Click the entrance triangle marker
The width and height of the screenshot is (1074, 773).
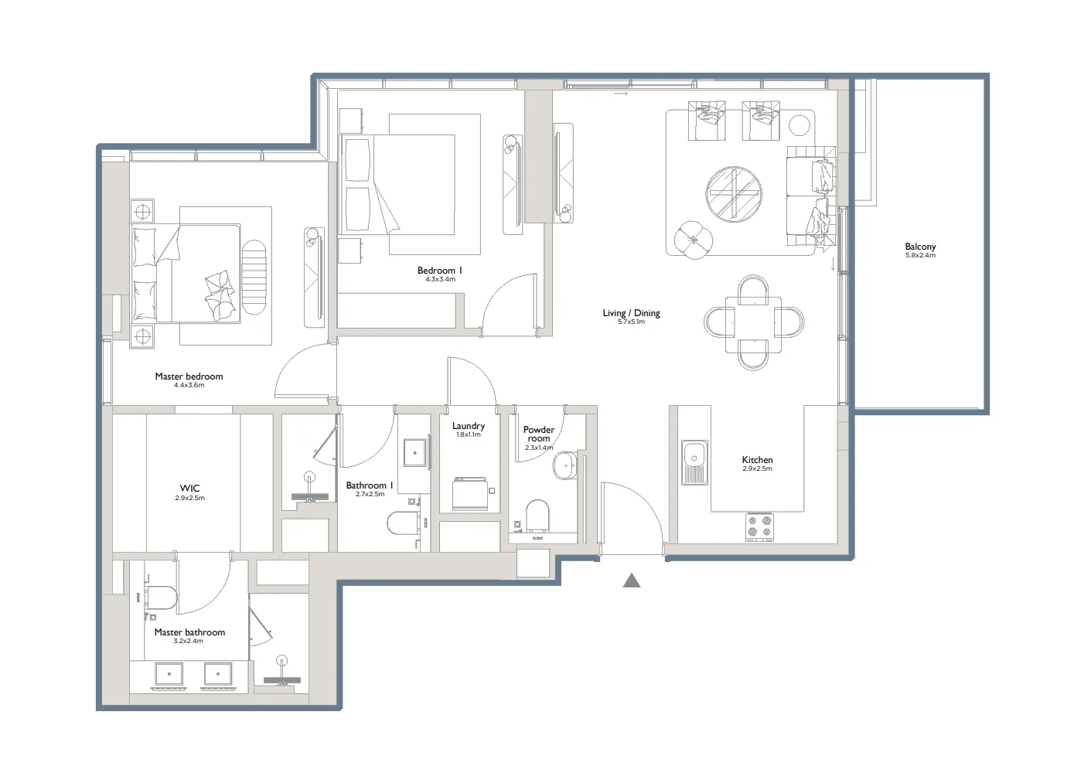coord(632,581)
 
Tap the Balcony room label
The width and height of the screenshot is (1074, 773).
coord(920,247)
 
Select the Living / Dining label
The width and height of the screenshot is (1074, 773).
coord(631,313)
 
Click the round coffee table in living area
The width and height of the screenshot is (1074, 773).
coord(734,194)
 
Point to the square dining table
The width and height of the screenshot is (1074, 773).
coord(753,324)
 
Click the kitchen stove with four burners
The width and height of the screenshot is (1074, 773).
coord(759,526)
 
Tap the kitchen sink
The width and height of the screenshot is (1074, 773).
coord(694,462)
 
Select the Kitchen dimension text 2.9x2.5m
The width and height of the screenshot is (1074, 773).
coord(757,469)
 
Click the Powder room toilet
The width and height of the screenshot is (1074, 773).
coord(537,516)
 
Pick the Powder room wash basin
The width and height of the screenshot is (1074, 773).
coord(564,466)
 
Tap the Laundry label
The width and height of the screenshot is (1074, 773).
coord(469,426)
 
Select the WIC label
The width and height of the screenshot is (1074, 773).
coord(189,488)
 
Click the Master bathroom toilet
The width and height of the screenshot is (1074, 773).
coord(162,598)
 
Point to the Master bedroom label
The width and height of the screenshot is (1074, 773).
coord(189,376)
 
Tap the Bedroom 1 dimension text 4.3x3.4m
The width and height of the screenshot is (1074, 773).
coord(440,279)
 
